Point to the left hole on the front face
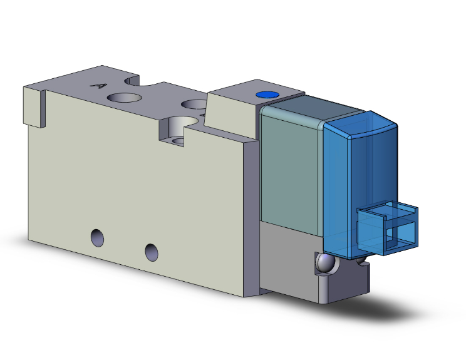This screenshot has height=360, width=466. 96,237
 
